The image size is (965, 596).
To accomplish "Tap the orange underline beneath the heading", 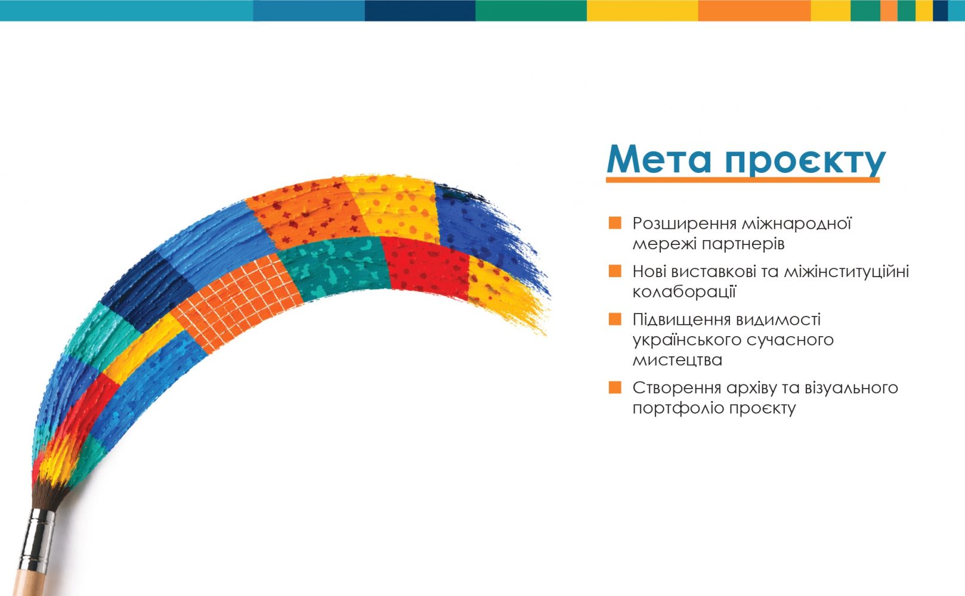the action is tap(743, 179).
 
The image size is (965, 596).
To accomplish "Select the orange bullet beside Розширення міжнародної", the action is tap(615, 223).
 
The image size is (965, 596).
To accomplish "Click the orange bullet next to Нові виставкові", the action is tap(615, 271).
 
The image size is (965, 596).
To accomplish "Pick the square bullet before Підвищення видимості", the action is tap(615, 319).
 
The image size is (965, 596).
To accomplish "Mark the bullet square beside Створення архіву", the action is tap(615, 387).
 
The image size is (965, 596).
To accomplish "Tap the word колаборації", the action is tap(684, 291).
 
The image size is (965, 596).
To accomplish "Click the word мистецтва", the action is tap(677, 360).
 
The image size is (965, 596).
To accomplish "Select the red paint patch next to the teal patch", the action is tap(426, 268).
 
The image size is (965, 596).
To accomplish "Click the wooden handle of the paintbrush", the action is tap(27, 583).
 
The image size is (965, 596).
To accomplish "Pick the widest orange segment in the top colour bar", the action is tap(754, 10).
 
